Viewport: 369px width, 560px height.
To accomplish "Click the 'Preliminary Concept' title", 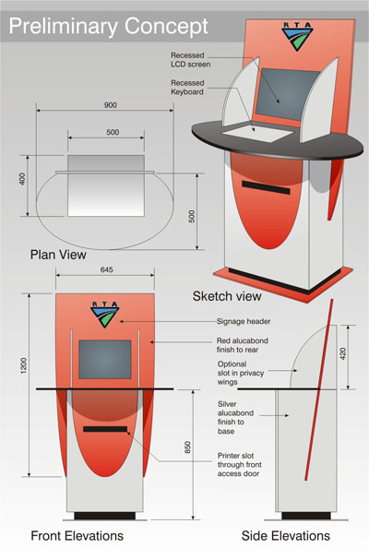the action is (x=108, y=27).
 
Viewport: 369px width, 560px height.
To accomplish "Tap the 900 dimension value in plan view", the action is (x=111, y=105).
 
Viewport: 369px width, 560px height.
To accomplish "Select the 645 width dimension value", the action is (x=106, y=269).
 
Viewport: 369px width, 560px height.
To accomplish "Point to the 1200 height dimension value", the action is (x=24, y=366).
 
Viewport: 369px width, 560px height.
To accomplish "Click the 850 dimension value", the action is (x=188, y=447).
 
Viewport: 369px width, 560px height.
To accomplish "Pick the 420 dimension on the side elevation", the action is (x=343, y=353).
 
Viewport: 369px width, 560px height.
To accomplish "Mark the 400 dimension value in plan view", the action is (x=22, y=179).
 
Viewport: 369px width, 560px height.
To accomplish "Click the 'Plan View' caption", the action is (x=58, y=255).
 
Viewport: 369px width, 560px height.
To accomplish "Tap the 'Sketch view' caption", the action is (x=227, y=296).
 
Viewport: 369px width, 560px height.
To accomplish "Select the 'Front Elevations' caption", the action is (x=77, y=536).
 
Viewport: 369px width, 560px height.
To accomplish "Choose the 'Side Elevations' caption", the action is (x=286, y=536).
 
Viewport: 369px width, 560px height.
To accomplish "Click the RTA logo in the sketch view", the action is (x=297, y=37).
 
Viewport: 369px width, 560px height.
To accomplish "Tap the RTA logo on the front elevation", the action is (x=105, y=315).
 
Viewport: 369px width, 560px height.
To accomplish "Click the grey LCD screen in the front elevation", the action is (x=105, y=359).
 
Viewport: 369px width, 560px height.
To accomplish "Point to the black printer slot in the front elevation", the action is (x=105, y=429).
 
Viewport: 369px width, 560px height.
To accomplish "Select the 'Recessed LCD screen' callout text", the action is (x=190, y=60).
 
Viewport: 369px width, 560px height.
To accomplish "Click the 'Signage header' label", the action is (x=244, y=321).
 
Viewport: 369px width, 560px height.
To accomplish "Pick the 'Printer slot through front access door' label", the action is (x=239, y=465).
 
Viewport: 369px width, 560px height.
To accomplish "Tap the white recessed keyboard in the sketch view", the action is (x=257, y=134).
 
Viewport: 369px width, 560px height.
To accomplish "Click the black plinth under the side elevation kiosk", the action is (x=306, y=516).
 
